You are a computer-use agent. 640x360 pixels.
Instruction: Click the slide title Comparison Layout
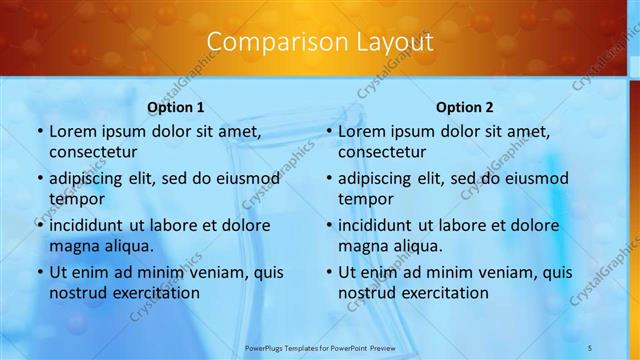coord(320,42)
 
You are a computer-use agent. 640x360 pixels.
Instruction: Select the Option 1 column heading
coord(176,107)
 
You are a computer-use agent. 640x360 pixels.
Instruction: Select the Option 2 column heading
coord(465,107)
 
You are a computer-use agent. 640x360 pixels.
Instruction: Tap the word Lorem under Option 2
coord(362,131)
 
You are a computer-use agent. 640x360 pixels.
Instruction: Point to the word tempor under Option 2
coord(366,198)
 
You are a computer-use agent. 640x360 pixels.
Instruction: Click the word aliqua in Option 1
coord(126,245)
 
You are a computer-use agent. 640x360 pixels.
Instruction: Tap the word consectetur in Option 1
coord(92,151)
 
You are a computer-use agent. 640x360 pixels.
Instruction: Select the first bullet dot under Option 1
coord(39,132)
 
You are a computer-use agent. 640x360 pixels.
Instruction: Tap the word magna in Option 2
coord(364,245)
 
